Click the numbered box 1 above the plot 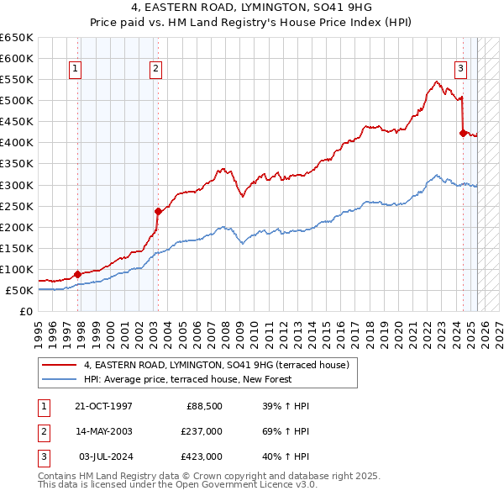(x=76, y=70)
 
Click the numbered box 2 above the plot (x=156, y=70)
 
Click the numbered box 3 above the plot (x=461, y=70)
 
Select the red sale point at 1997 (x=77, y=273)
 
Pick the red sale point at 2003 (x=158, y=211)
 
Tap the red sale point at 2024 (x=463, y=132)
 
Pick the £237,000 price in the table (x=202, y=432)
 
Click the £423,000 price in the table (x=202, y=456)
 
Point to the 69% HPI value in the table (x=286, y=432)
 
